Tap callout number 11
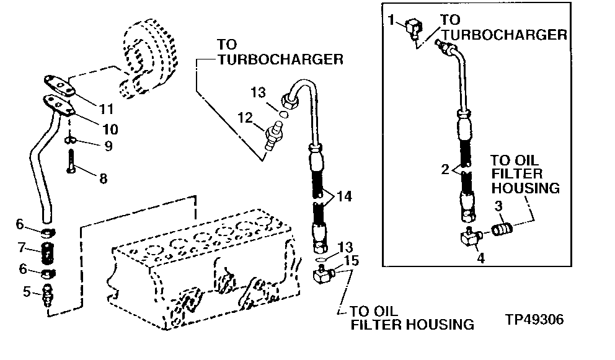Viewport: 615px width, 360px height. click(x=107, y=109)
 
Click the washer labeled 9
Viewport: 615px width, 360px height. click(x=71, y=139)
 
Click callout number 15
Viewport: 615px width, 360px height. click(x=352, y=261)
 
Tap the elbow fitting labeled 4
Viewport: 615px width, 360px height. click(x=472, y=236)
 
